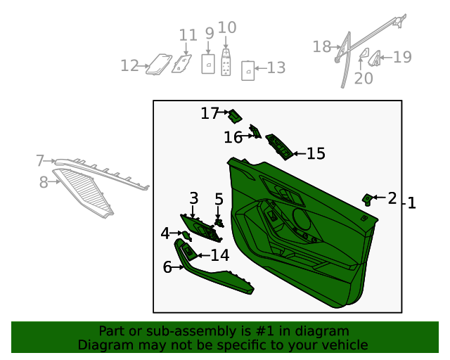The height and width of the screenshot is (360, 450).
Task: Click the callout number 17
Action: coord(210,113)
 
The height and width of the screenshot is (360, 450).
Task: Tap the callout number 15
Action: coord(316,153)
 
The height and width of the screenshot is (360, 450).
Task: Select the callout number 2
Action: coord(392,198)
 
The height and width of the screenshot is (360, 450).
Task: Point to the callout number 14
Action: coord(220,255)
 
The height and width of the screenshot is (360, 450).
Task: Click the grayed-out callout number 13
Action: coord(276,67)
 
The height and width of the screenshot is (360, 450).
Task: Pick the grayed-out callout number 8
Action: coord(44,182)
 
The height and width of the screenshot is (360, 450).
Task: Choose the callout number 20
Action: coord(364,78)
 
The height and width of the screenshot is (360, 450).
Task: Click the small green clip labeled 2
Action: coord(367,199)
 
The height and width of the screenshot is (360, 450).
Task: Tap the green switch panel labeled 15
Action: coord(280,147)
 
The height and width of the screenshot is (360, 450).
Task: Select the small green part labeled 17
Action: coord(235,116)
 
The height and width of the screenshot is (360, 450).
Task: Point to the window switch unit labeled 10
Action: coord(226,63)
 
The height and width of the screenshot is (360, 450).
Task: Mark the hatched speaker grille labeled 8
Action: coord(83,193)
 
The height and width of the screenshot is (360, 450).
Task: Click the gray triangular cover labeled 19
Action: coord(374,58)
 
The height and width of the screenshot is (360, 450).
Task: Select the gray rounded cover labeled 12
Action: coord(159,64)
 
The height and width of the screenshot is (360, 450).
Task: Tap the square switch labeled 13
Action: coord(248,70)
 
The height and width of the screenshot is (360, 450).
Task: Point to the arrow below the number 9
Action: coord(208,47)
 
